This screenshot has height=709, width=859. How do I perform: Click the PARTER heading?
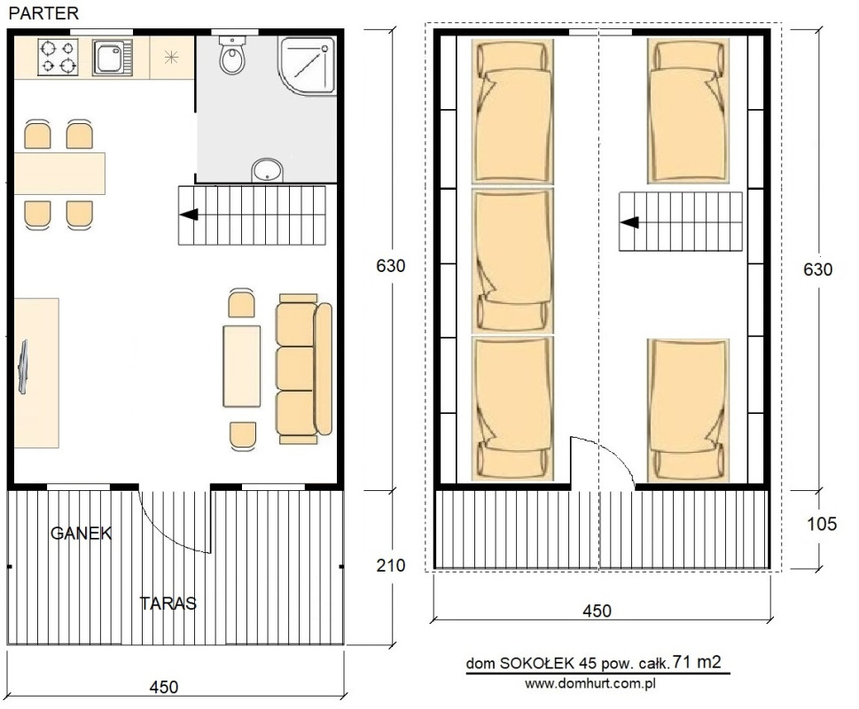43,12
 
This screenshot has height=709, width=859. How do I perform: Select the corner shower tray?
307,66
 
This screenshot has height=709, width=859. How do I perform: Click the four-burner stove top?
58,57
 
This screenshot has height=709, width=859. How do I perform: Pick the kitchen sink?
113,57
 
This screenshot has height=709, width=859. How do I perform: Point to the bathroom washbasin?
268,170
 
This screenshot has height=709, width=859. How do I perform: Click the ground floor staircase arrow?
189,214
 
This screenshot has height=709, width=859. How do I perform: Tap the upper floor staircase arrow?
629,222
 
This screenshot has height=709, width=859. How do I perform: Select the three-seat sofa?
304,369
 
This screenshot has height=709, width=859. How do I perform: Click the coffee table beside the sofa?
242,366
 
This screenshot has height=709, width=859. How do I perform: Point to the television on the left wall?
22,366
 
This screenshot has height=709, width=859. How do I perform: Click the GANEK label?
81,533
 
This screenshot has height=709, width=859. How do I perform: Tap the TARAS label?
168,603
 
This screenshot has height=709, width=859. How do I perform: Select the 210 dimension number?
391,565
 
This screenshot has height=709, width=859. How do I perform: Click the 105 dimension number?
822,524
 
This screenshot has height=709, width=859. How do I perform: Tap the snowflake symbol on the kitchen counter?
171,57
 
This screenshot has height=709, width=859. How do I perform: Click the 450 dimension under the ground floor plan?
164,687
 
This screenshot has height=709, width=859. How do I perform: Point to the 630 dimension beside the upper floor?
817,269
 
